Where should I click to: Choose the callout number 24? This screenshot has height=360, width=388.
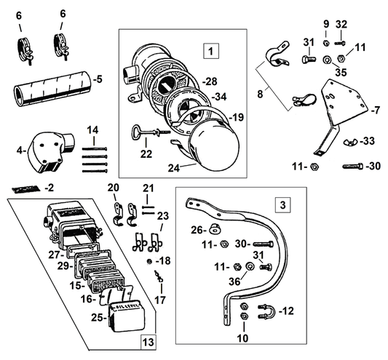pos(173,166)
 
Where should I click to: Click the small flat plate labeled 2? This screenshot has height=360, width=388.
pos(25,188)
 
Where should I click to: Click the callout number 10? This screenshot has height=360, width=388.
pos(242,338)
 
